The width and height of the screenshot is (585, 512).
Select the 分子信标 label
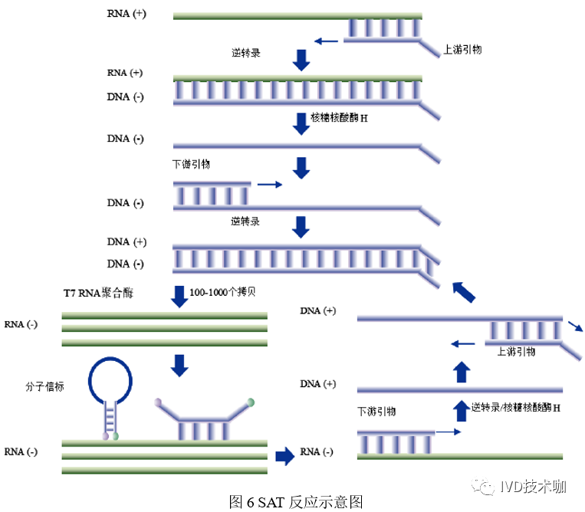(44, 387)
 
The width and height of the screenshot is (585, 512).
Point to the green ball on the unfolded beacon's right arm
(251, 402)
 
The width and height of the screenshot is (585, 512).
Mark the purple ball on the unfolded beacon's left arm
(159, 402)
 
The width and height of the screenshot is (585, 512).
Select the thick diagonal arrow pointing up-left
(462, 291)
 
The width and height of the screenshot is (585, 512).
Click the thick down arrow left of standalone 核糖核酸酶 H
(301, 122)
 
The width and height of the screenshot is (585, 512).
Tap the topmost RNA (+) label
(127, 15)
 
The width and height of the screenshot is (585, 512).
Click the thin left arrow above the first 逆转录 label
(326, 41)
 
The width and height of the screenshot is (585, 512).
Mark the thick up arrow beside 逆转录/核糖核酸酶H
(460, 410)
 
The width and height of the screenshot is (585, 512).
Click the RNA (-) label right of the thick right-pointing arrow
(317, 451)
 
